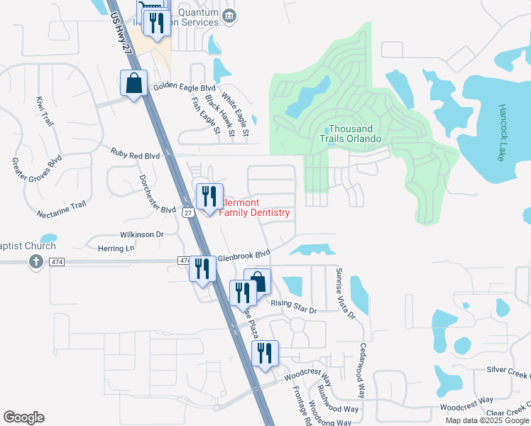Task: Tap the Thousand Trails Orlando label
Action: (x=355, y=133)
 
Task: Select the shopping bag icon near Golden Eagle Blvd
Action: (x=133, y=84)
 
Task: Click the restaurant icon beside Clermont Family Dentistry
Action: (x=209, y=195)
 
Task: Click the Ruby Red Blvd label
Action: (x=135, y=152)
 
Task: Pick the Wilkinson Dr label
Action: (x=141, y=234)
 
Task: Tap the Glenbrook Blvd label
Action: (x=243, y=254)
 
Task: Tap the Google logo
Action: (x=23, y=417)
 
